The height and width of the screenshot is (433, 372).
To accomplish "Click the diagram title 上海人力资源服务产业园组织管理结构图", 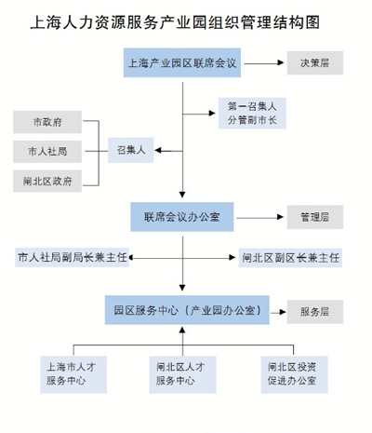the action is pyautogui.click(x=175, y=22).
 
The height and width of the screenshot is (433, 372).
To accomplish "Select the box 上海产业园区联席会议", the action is pyautogui.click(x=182, y=62).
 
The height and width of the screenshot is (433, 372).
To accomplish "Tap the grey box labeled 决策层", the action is pyautogui.click(x=315, y=63).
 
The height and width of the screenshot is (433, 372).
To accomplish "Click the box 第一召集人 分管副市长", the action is pyautogui.click(x=252, y=114).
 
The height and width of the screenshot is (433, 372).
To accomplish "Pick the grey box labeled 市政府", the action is pyautogui.click(x=47, y=122).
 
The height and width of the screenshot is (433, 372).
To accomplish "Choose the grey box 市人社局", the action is pyautogui.click(x=47, y=152).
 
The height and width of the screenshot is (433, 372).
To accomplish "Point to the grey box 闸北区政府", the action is pyautogui.click(x=47, y=181).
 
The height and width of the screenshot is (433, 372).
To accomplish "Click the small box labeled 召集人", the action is pyautogui.click(x=131, y=150).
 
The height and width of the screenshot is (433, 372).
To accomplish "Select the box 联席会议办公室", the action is pyautogui.click(x=182, y=217).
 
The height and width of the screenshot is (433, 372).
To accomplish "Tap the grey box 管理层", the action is pyautogui.click(x=315, y=217).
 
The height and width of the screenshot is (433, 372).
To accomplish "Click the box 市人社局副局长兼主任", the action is pyautogui.click(x=72, y=257).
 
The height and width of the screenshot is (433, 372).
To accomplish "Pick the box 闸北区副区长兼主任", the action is pyautogui.click(x=290, y=258).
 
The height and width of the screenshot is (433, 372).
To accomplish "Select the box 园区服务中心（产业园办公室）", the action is pyautogui.click(x=187, y=310).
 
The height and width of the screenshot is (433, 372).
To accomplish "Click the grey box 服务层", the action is pyautogui.click(x=315, y=312).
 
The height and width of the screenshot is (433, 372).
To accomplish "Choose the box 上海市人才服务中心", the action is pyautogui.click(x=73, y=374).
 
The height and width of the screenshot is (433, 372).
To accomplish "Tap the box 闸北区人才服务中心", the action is pyautogui.click(x=183, y=374).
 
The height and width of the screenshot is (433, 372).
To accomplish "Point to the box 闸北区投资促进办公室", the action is pyautogui.click(x=294, y=374).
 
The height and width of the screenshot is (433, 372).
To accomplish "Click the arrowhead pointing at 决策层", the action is pyautogui.click(x=281, y=63).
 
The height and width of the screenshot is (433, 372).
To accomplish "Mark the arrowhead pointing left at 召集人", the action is pyautogui.click(x=158, y=151).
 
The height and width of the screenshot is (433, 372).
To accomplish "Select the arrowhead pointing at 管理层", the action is pyautogui.click(x=280, y=217).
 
